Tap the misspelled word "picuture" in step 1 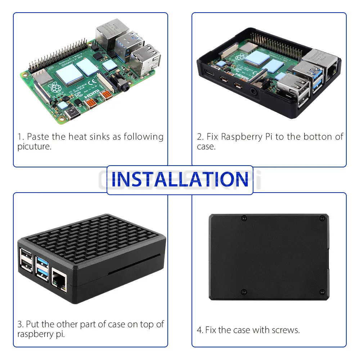pos(34,147)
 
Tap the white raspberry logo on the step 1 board pos(55,87)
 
